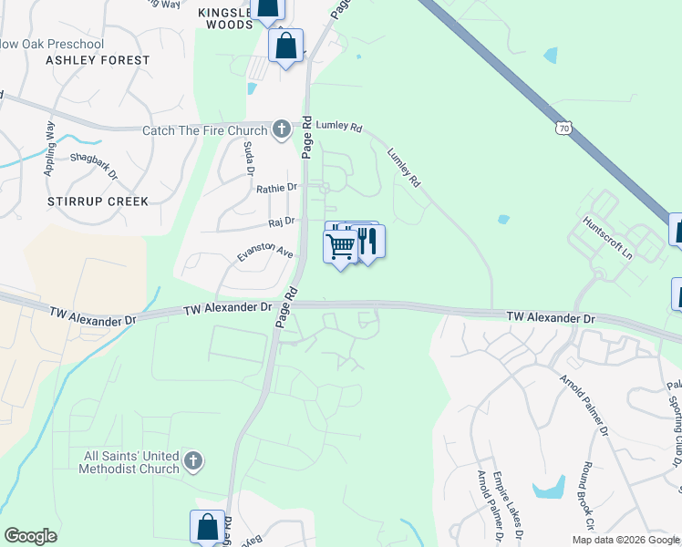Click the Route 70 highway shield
[x=565, y=129]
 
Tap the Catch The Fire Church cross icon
[x=282, y=129]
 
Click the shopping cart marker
[x=340, y=245]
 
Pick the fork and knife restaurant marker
[x=368, y=241]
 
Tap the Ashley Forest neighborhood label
[x=98, y=60]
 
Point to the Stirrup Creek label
[x=98, y=200]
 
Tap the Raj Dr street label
[x=282, y=221]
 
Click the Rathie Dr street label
[x=277, y=188]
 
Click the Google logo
[x=30, y=536]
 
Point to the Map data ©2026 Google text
[x=625, y=540]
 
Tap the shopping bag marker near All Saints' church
[x=207, y=527]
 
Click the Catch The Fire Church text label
[x=205, y=130]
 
